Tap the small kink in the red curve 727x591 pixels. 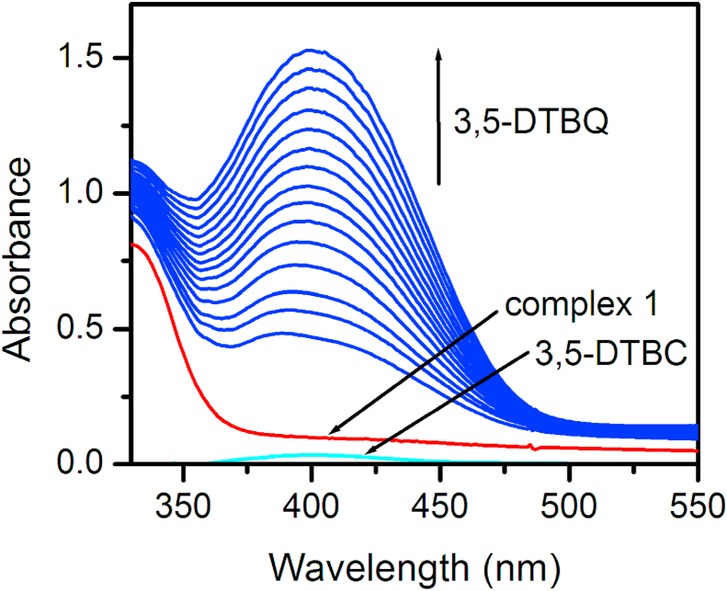click(534, 448)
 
